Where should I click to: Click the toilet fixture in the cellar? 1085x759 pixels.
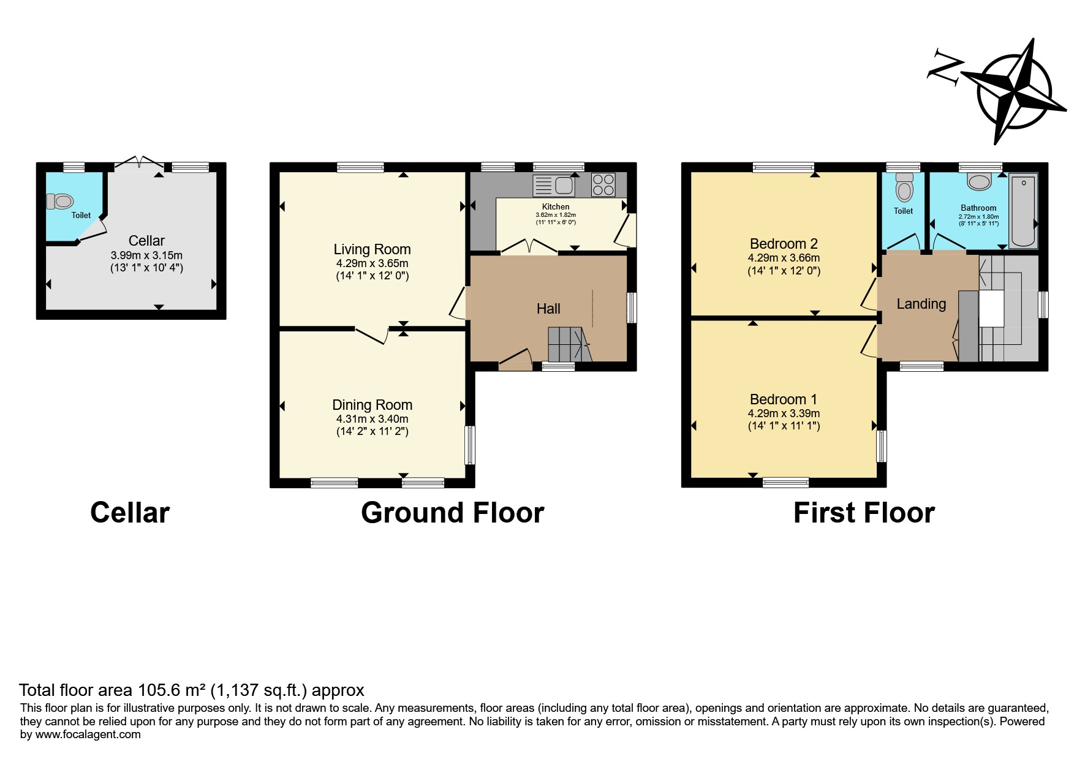click(59, 201)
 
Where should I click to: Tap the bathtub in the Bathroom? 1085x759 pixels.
click(1023, 211)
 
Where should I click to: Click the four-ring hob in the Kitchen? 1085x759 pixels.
click(603, 185)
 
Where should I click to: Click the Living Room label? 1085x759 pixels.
click(372, 249)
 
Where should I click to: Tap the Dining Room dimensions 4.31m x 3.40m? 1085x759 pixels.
click(372, 419)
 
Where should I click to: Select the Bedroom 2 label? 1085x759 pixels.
click(784, 244)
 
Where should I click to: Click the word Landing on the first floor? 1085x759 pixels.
click(921, 304)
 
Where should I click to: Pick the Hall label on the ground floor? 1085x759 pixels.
click(548, 309)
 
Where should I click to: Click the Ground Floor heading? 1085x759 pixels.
click(452, 513)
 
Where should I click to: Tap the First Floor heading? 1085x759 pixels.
click(864, 513)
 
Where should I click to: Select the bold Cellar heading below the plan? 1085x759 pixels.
click(130, 513)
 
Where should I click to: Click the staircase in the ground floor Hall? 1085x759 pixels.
click(570, 344)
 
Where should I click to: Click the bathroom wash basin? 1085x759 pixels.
click(979, 181)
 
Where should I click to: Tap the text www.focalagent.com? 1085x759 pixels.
click(88, 734)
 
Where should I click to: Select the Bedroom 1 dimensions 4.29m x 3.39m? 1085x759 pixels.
click(784, 413)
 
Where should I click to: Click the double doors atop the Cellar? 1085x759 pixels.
click(140, 162)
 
